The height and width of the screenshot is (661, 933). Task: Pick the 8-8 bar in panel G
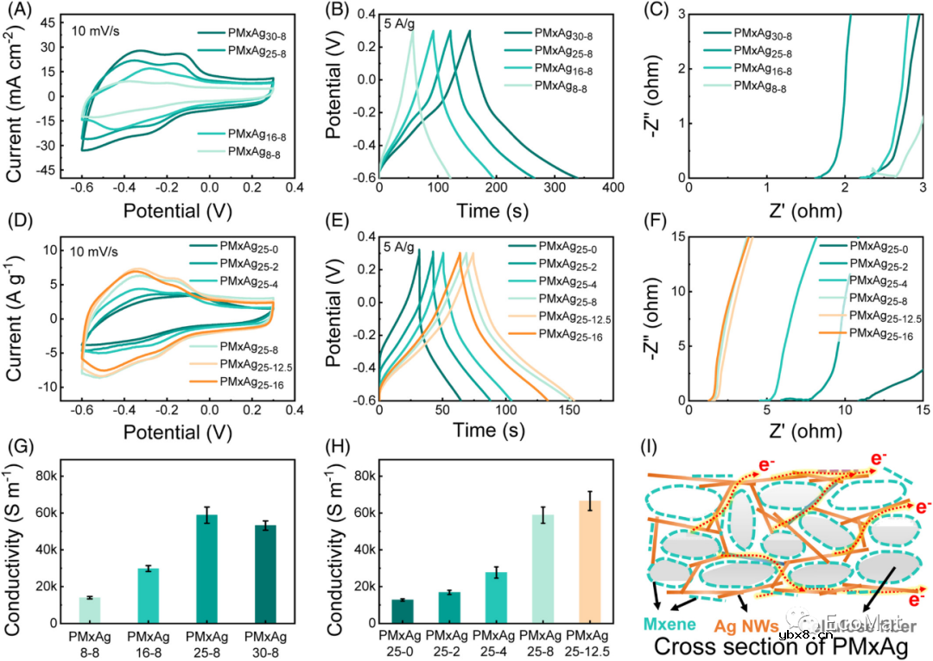coord(90,609)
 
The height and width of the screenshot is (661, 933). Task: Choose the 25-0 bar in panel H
coord(403,611)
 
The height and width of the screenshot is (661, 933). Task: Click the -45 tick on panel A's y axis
coord(46,172)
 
